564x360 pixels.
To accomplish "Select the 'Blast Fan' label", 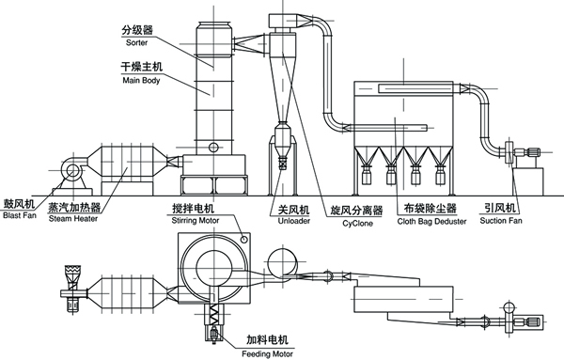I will click(x=19, y=214).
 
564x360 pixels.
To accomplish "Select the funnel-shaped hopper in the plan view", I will click(x=72, y=275).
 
